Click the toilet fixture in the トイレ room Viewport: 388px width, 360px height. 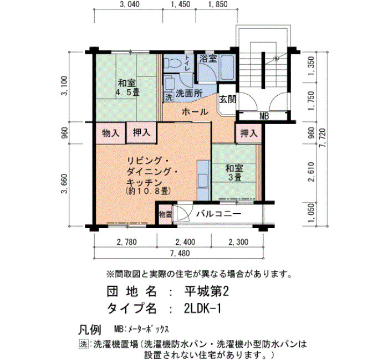click(170, 63)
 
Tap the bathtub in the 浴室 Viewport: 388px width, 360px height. click(227, 67)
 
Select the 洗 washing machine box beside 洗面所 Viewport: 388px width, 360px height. click(169, 97)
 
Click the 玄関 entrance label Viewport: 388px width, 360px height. click(227, 99)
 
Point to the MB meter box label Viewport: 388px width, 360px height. click(264, 116)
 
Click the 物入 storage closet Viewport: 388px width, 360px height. click(111, 133)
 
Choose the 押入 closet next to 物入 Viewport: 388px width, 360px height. click(141, 133)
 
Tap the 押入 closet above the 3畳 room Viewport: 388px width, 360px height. click(249, 133)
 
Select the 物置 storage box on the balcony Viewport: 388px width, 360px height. click(165, 214)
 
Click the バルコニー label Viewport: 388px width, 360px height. click(218, 214)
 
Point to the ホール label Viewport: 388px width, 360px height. click(195, 112)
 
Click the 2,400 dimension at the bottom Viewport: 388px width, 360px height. click(185, 242)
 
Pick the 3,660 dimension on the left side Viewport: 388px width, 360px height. click(64, 184)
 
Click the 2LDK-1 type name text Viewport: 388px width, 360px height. click(202, 308)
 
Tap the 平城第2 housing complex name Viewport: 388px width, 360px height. click(206, 292)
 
